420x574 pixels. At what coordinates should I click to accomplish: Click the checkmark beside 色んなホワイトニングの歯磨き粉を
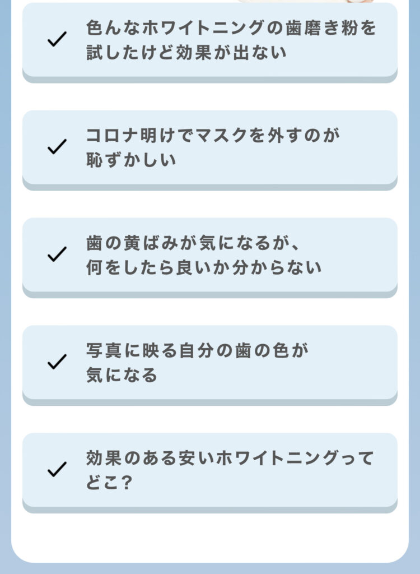[x=57, y=39]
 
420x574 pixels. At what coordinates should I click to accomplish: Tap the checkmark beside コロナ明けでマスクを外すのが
[x=57, y=146]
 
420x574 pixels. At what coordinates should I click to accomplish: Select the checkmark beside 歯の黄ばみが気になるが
[x=57, y=254]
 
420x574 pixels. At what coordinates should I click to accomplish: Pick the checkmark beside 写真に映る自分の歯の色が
[x=57, y=362]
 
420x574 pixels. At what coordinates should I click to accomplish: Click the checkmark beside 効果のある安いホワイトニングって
[x=57, y=469]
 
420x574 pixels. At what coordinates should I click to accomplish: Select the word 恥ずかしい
[x=131, y=160]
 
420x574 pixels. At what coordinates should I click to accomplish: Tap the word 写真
[x=104, y=350]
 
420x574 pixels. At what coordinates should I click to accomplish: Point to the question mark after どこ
[x=126, y=483]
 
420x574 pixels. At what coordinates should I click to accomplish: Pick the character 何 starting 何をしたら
[x=95, y=267]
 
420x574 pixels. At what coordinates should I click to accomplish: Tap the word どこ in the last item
[x=103, y=483]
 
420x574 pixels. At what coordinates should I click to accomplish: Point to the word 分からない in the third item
[x=277, y=267]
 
